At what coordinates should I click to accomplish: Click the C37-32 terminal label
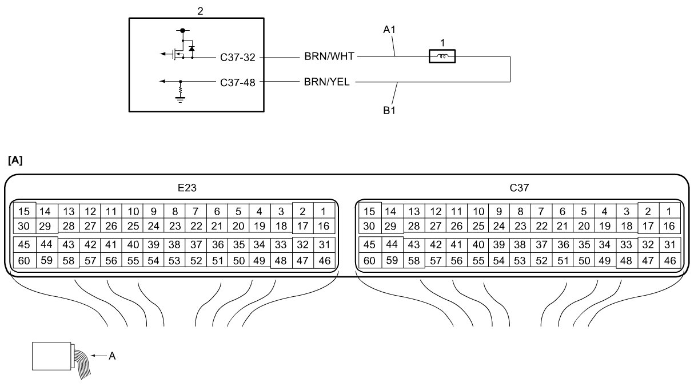[238, 57]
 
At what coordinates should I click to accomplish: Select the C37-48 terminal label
[238, 83]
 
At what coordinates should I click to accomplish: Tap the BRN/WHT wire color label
[329, 57]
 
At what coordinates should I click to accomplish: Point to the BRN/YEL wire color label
[326, 82]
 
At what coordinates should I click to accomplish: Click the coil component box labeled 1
[442, 57]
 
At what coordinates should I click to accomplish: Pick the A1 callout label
[389, 30]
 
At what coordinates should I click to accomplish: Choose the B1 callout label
[389, 110]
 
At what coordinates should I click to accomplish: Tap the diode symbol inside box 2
[192, 49]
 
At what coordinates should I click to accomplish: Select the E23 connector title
[187, 188]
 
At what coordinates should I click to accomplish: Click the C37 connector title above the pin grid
[519, 188]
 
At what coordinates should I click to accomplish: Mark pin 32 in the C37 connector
[648, 245]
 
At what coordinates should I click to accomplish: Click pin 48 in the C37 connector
[627, 260]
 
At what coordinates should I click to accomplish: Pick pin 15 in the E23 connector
[24, 211]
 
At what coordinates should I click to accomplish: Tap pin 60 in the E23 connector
[24, 260]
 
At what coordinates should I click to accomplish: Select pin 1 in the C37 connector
[669, 211]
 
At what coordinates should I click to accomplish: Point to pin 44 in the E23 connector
[46, 244]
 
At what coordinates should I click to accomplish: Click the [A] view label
[15, 160]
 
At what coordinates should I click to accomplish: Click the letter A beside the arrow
[112, 356]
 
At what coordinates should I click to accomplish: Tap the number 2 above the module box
[200, 11]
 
